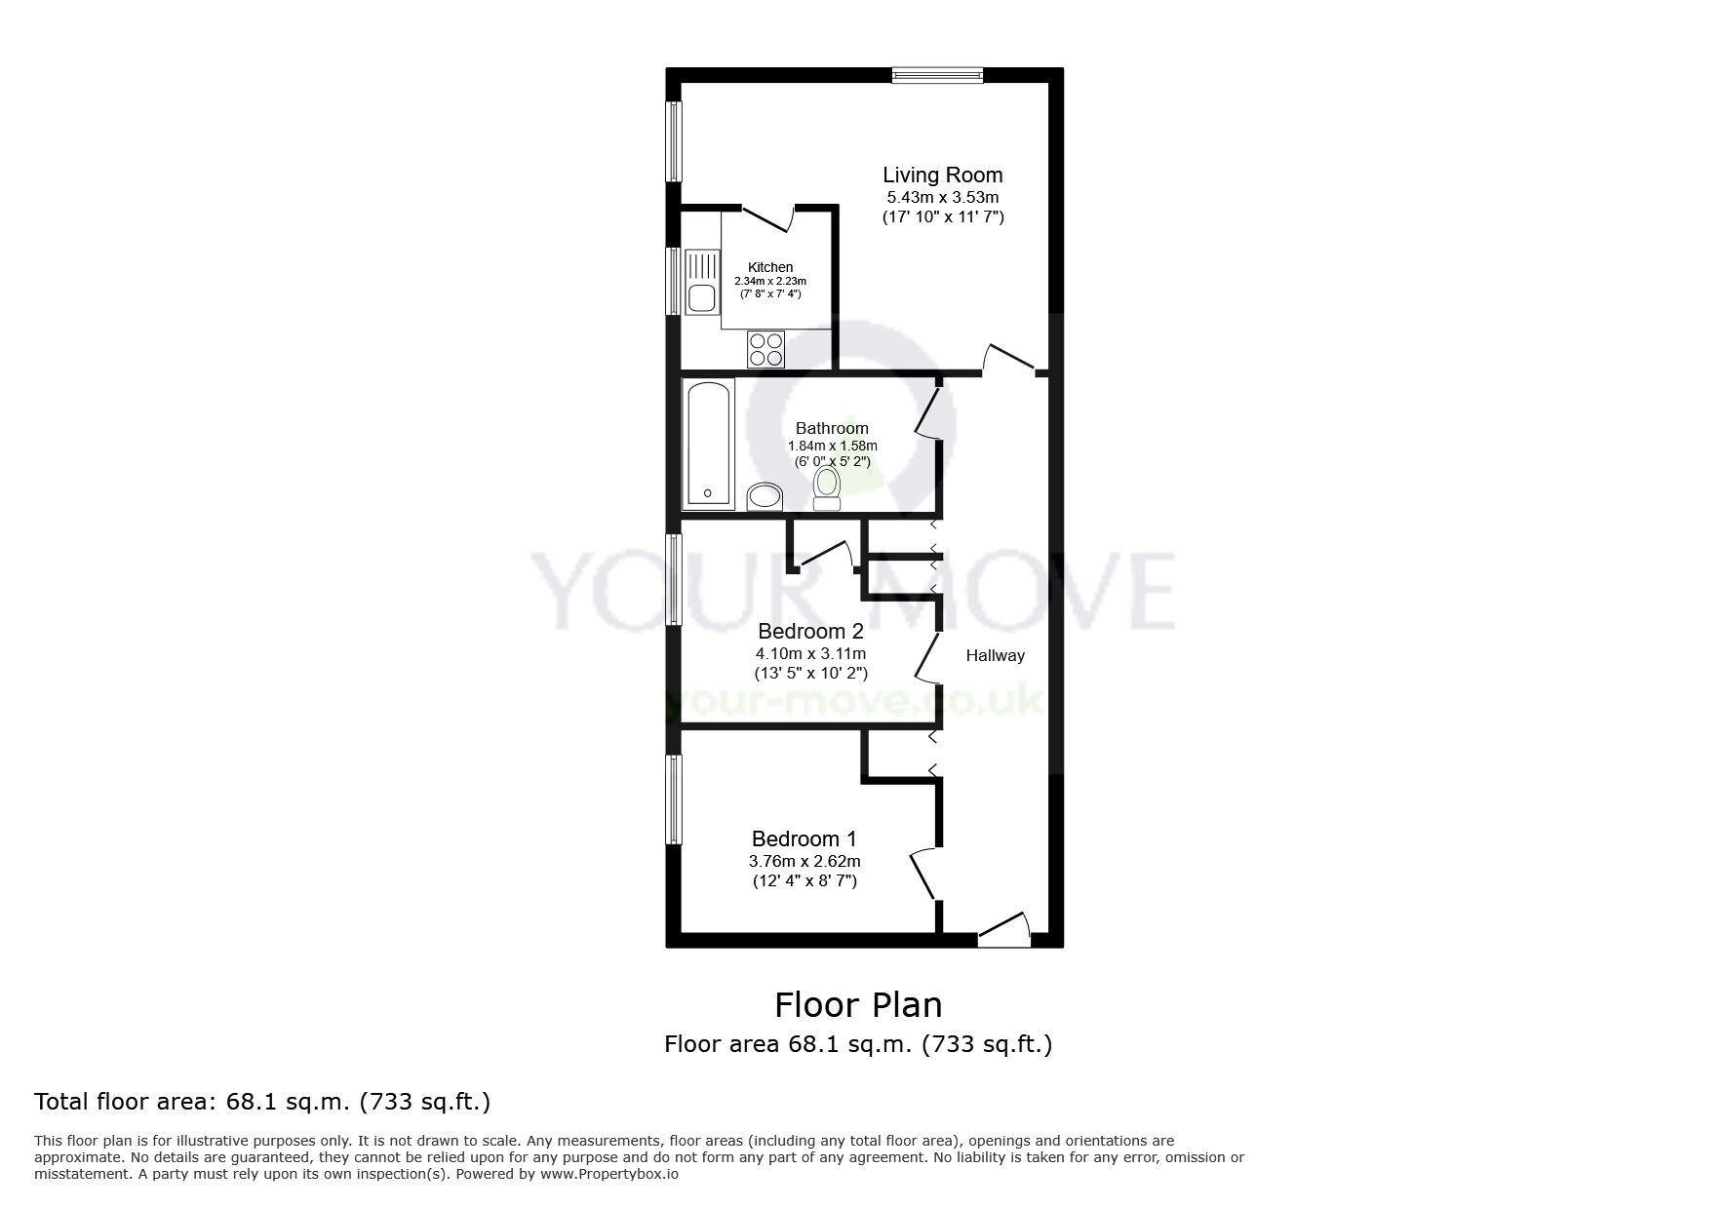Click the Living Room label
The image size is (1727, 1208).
click(x=942, y=175)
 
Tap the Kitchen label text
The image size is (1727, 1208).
click(x=770, y=267)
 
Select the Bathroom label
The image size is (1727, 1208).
click(x=832, y=428)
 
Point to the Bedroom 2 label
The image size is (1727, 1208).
click(x=810, y=631)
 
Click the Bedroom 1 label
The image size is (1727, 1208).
click(x=804, y=838)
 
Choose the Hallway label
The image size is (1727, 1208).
click(x=995, y=656)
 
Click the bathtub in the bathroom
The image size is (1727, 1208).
click(x=708, y=444)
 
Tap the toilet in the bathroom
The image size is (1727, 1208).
click(x=827, y=487)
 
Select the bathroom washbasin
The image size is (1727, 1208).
click(x=765, y=497)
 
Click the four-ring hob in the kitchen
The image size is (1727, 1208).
click(x=765, y=349)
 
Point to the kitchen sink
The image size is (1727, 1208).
click(x=700, y=283)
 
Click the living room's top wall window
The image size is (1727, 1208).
click(x=937, y=75)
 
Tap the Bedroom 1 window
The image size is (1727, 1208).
click(x=673, y=799)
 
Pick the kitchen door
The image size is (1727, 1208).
click(x=767, y=219)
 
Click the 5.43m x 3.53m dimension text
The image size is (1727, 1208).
click(x=943, y=198)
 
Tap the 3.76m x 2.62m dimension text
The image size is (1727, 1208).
click(x=805, y=861)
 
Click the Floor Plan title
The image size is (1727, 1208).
click(x=858, y=1004)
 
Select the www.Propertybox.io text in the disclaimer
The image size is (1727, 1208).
click(x=609, y=1174)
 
